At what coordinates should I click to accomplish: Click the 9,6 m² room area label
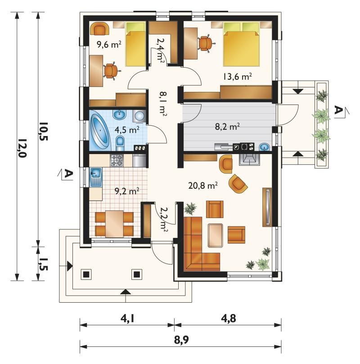coord(109,44)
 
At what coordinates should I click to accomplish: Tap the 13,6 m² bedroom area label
coord(238,77)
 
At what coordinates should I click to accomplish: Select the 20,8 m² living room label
coord(203,186)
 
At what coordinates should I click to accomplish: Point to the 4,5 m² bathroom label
coord(127,130)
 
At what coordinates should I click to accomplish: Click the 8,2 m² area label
coord(227,127)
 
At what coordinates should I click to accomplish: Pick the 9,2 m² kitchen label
coord(127,191)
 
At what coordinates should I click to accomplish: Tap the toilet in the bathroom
coord(120,143)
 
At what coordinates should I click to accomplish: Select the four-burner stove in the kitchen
coord(117,160)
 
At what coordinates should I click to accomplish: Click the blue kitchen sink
coord(95,177)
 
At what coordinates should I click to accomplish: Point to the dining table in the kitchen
coord(114,224)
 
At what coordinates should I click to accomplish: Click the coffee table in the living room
coord(215,235)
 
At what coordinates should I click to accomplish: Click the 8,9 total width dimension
coord(181,340)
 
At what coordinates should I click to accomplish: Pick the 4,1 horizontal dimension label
coord(127,319)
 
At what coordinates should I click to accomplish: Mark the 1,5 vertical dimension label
coord(43,264)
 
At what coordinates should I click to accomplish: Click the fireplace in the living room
coord(250,159)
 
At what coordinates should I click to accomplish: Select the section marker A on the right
coord(340,110)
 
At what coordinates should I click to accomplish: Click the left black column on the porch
coord(86,275)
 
